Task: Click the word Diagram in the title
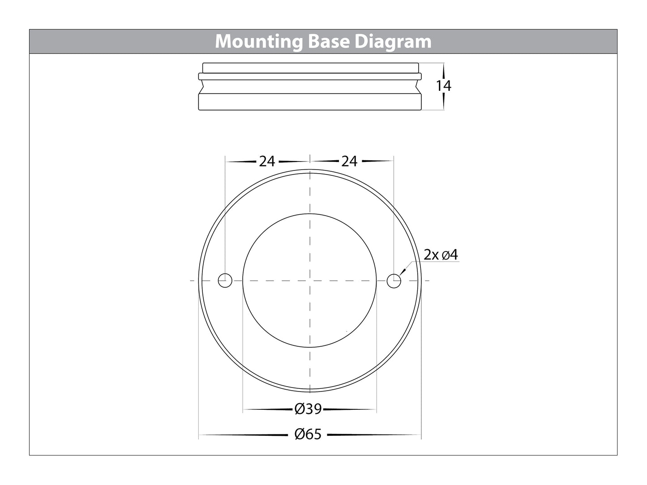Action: [x=394, y=42]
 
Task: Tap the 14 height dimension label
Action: [x=444, y=85]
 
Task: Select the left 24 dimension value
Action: [x=267, y=161]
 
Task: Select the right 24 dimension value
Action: [x=349, y=161]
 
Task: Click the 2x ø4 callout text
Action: [x=441, y=255]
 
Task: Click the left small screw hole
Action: [x=225, y=281]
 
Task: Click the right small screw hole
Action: [x=394, y=281]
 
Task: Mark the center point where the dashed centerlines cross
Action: [x=309, y=281]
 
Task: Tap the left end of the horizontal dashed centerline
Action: [x=191, y=281]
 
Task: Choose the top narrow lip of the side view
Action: [x=310, y=68]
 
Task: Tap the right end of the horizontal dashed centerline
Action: [x=428, y=281]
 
